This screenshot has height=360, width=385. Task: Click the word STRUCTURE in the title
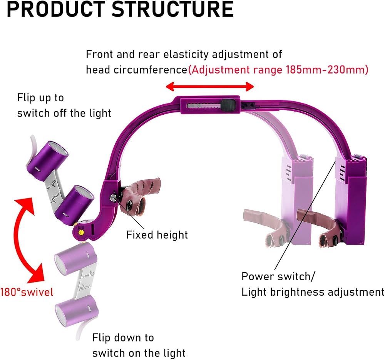click(x=172, y=9)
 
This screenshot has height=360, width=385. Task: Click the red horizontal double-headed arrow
click(x=210, y=87)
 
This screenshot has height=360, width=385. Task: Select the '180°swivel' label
click(x=27, y=292)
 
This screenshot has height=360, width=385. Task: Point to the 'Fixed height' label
click(x=157, y=235)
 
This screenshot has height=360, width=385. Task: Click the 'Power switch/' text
click(x=278, y=276)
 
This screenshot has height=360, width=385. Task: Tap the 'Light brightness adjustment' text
click(x=313, y=292)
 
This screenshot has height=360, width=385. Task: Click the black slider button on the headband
click(x=228, y=105)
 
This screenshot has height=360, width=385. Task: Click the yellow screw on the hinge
click(x=80, y=231)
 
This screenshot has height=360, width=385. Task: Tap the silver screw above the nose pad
click(x=113, y=198)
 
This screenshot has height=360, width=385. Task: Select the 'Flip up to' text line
click(x=40, y=98)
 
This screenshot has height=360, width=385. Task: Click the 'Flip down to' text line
click(x=123, y=338)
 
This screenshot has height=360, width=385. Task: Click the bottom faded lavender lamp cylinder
click(x=77, y=310)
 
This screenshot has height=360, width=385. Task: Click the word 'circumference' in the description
click(x=150, y=70)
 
